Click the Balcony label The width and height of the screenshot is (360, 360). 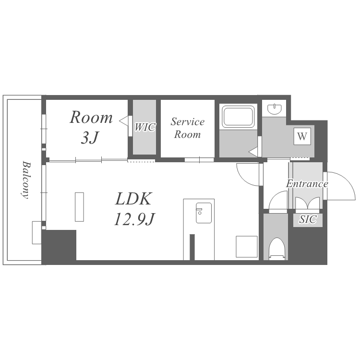click(26, 180)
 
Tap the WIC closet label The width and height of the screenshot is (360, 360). click(145, 127)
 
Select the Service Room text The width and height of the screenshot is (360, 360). click(187, 128)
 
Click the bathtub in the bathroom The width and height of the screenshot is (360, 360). click(238, 117)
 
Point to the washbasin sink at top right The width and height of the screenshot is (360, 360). click(275, 109)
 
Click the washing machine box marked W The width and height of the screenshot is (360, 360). click(302, 136)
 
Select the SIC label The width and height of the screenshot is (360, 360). click(308, 219)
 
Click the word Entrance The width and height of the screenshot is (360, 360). click(307, 184)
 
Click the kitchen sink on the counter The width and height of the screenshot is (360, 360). click(204, 213)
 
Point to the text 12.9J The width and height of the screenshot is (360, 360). click(134, 219)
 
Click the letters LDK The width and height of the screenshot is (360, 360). click(133, 199)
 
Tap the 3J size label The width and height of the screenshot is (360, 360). click(90, 138)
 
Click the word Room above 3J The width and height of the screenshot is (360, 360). click(91, 117)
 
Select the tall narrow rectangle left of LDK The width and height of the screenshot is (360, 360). click(79, 207)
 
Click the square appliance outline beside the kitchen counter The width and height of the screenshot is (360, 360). click(247, 247)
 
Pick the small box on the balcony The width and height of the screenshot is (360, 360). click(37, 232)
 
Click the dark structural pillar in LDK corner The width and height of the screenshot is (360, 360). click(59, 245)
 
